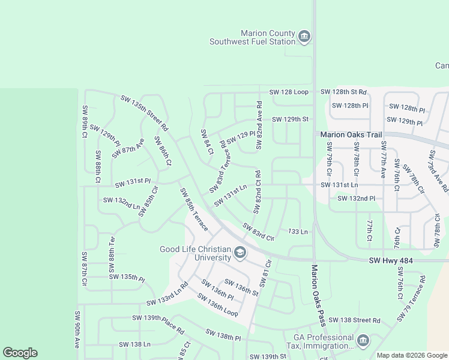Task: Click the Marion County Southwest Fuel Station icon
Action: coord(304,37)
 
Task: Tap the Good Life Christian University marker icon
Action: coord(240,253)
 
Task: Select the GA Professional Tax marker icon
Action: coord(363,341)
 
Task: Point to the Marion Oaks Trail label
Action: coord(351,135)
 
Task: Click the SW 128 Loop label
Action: coord(289,92)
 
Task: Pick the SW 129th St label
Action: coord(290,119)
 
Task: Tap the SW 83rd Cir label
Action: coord(258,232)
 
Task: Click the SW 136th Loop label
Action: coord(215,305)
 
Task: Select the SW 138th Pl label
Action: coord(223,335)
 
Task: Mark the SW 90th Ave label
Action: coord(77,329)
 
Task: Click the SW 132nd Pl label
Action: coord(356,198)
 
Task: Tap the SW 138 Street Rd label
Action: coord(354,320)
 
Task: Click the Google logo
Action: coord(20,353)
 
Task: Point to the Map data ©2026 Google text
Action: coord(411,355)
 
